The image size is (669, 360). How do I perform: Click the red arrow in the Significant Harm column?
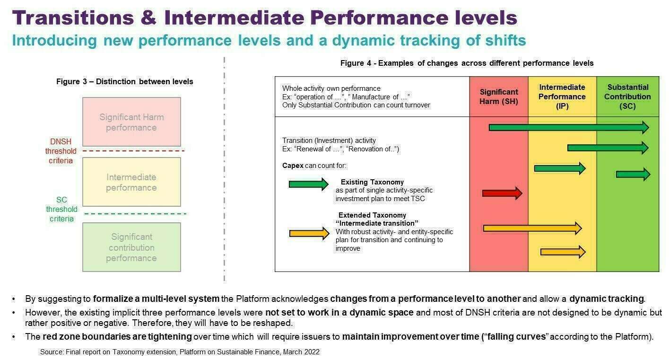[x=502, y=193]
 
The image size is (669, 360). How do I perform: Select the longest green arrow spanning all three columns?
[x=569, y=128]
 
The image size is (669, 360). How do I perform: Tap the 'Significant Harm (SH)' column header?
[x=498, y=97]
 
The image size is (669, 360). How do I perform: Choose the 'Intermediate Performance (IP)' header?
[x=562, y=97]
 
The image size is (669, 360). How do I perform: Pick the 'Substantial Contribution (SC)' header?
[x=627, y=97]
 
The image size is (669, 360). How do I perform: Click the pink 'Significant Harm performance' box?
[x=132, y=122]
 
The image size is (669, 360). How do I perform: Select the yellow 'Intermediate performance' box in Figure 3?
[x=132, y=182]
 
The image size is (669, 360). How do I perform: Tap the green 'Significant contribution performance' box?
[x=132, y=247]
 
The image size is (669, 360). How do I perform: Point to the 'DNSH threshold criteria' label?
[x=61, y=151]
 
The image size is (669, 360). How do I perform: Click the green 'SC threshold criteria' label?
[x=61, y=209]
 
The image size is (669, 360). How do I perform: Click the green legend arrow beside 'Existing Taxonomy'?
[x=309, y=184]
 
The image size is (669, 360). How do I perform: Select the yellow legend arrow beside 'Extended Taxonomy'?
[x=309, y=233]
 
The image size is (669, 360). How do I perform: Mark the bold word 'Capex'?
[x=293, y=166]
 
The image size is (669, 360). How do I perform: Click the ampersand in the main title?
[x=149, y=18]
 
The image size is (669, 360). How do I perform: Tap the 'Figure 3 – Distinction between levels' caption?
[x=124, y=81]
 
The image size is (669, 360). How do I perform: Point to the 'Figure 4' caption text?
[x=467, y=63]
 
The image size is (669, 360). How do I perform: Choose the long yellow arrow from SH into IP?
[x=532, y=228]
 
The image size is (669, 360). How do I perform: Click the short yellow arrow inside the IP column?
[x=563, y=252]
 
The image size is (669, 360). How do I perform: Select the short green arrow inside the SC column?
[x=633, y=174]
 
